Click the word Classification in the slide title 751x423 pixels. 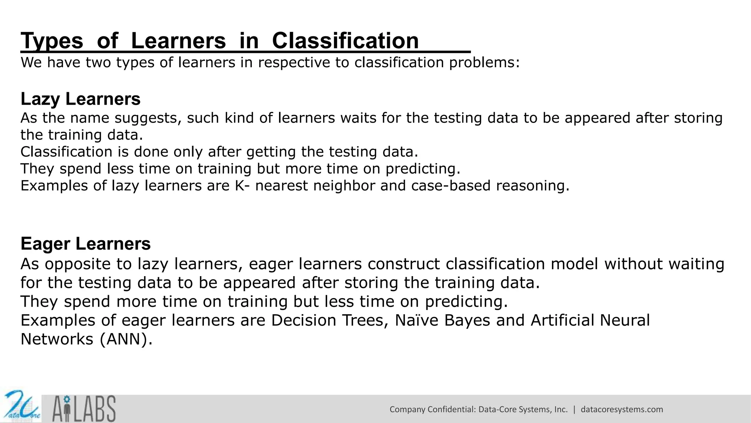(345, 40)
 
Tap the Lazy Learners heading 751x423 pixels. (80, 99)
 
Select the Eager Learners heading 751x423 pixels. (85, 244)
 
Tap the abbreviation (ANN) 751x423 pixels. (126, 339)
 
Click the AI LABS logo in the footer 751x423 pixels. (84, 409)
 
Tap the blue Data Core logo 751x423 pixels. (21, 407)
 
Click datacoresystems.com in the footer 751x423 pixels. (622, 409)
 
